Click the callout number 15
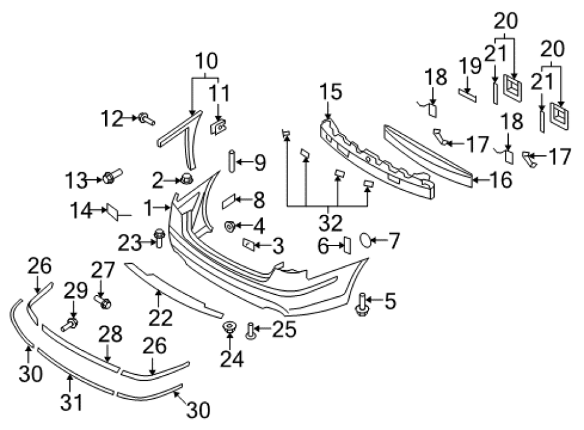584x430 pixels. click(x=331, y=92)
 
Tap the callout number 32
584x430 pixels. click(x=330, y=223)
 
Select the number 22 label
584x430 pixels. click(x=160, y=318)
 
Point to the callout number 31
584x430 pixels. click(x=71, y=402)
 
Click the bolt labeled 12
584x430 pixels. click(x=147, y=119)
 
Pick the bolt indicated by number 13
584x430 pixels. click(x=112, y=176)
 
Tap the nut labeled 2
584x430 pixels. click(x=186, y=179)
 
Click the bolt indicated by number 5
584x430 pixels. click(x=361, y=305)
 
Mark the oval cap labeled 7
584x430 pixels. click(x=365, y=240)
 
